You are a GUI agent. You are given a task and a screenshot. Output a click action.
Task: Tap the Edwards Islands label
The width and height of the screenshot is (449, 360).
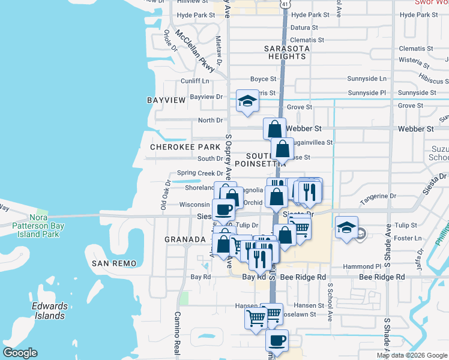[x=49, y=311]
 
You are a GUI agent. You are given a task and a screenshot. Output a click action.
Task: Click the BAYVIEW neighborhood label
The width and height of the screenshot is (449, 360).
[x=166, y=100]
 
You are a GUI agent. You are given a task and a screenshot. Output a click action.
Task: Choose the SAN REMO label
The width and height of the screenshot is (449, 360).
[x=114, y=263]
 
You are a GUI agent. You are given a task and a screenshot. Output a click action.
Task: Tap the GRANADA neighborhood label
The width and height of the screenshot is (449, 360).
[x=185, y=239]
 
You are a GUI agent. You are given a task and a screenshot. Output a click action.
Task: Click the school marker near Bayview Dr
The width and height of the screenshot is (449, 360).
[x=247, y=101]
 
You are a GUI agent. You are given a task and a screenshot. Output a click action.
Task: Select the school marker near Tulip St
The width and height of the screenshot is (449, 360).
[x=346, y=229]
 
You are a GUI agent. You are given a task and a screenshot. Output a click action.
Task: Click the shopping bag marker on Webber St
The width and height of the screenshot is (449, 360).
[x=274, y=128]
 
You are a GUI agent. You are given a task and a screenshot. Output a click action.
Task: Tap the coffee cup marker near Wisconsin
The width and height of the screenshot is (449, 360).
[x=223, y=209]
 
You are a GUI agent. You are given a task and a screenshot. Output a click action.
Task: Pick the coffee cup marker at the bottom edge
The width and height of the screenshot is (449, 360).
[x=277, y=340]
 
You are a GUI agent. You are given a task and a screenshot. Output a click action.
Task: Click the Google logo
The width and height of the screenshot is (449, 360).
[x=20, y=353]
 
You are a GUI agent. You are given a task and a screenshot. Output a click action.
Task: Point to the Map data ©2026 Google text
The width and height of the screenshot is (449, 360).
[x=411, y=355]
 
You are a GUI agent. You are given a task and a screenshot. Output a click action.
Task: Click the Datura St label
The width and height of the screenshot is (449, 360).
[x=304, y=28]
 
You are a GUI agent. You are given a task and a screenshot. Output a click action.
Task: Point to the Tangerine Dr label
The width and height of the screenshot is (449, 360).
[x=378, y=196]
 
